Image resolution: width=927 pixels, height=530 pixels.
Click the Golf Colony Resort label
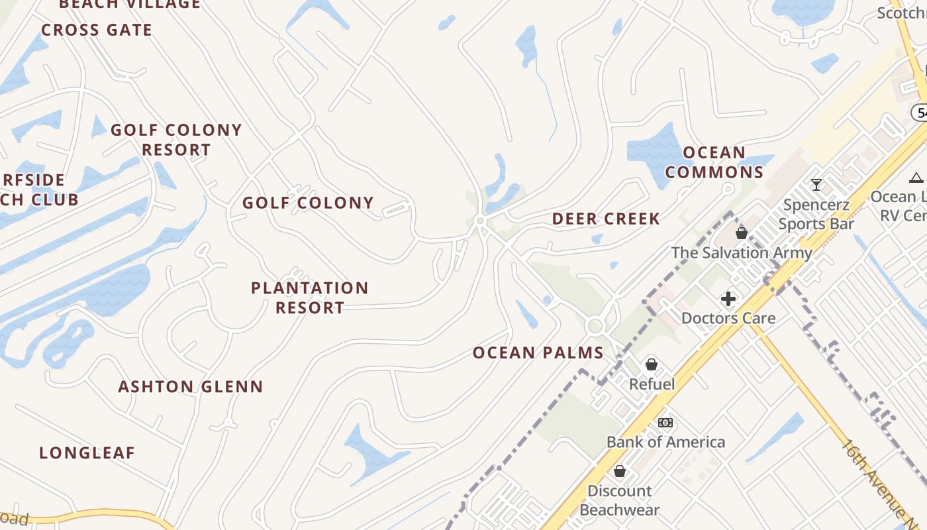(176, 140)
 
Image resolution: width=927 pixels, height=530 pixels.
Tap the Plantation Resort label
(310, 297)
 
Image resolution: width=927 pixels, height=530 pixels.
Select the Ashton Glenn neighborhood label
(191, 386)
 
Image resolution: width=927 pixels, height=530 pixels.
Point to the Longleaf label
(87, 453)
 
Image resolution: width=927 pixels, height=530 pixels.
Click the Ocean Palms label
(538, 353)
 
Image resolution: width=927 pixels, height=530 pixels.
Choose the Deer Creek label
(606, 219)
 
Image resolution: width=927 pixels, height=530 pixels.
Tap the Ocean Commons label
(714, 162)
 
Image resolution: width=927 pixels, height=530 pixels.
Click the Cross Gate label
(97, 30)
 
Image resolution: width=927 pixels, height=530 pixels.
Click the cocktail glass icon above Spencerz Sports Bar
(816, 184)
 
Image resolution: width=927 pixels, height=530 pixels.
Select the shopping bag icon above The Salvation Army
(742, 233)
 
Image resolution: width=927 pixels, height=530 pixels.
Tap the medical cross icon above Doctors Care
(728, 299)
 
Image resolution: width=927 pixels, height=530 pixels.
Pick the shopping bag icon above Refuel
(652, 364)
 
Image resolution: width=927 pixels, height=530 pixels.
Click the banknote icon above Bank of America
(665, 423)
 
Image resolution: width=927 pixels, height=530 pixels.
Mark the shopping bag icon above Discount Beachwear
(620, 471)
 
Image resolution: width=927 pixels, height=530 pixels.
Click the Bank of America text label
(665, 442)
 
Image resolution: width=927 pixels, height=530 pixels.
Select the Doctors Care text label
(728, 318)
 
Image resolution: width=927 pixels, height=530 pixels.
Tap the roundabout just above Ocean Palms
(595, 325)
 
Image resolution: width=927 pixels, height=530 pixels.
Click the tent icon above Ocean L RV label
(916, 178)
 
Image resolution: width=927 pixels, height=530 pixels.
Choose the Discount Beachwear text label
(620, 500)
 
